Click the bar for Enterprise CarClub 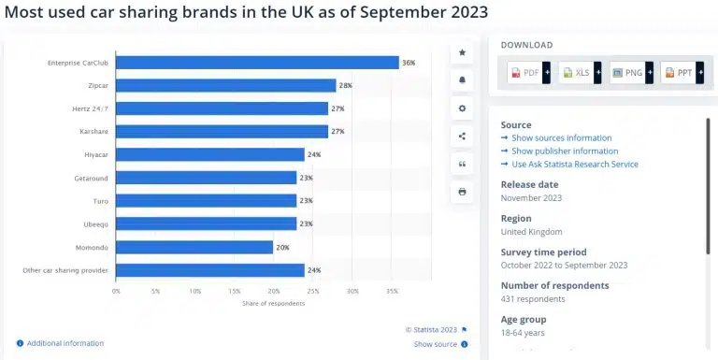(x=257, y=63)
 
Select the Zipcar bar (x=225, y=85)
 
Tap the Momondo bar (x=194, y=247)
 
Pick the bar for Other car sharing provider (x=210, y=270)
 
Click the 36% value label (x=409, y=63)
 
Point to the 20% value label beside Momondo (x=282, y=247)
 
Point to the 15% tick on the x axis (x=235, y=291)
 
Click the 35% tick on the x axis (x=392, y=291)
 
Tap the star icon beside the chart (x=462, y=52)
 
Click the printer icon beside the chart (x=462, y=192)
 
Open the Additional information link (x=65, y=343)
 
